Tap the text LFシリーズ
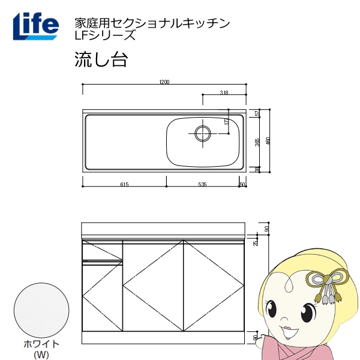click(104, 35)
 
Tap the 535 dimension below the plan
click(202, 184)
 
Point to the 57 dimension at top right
click(257, 113)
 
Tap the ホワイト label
click(41, 344)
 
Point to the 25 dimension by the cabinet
click(256, 243)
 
